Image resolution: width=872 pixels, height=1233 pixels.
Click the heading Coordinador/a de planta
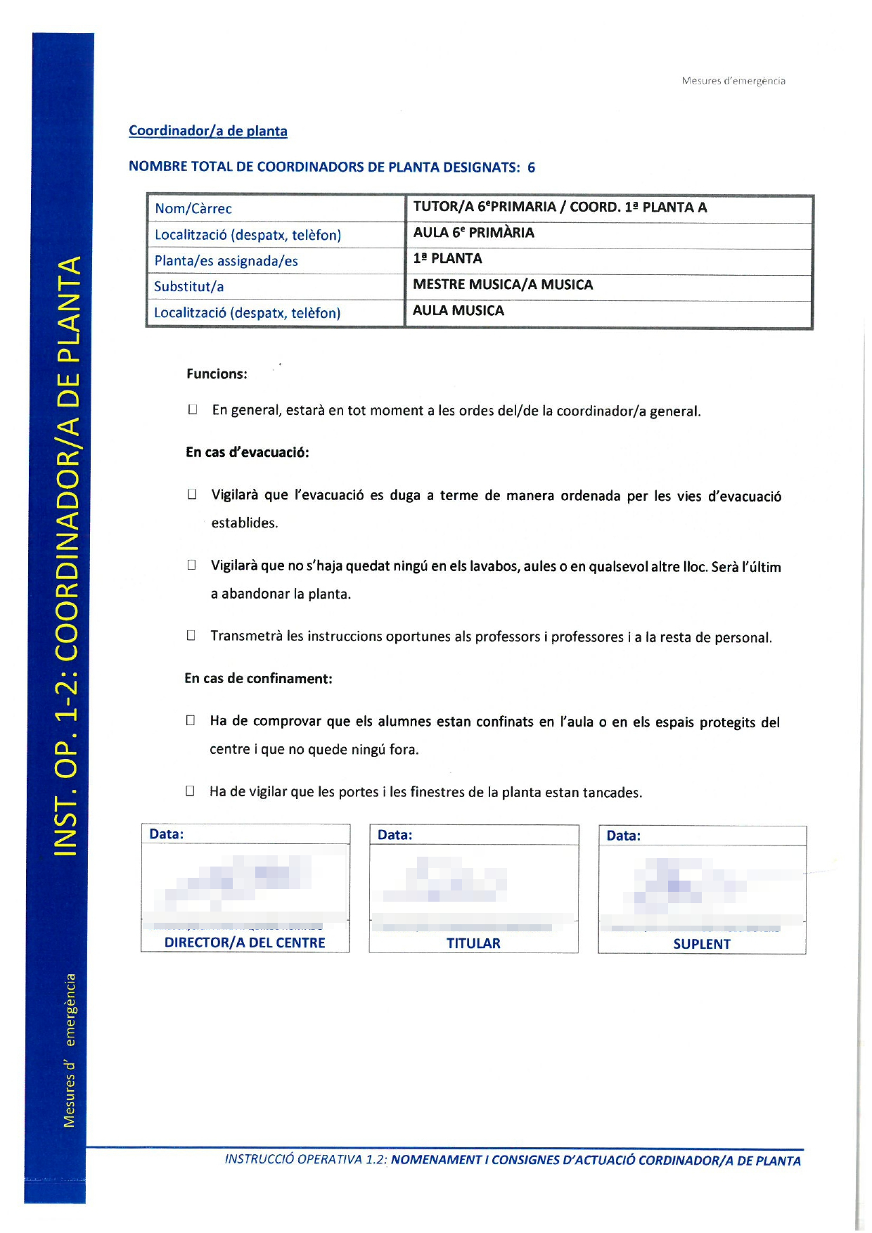coord(207,131)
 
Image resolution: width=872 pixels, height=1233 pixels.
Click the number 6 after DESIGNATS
coord(531,167)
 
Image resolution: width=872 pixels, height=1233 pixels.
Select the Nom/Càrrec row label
coord(193,209)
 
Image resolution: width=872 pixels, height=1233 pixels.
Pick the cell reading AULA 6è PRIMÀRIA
coord(473,233)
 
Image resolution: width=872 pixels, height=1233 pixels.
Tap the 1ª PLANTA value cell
coord(447,259)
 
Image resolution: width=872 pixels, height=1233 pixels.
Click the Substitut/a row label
coord(188,287)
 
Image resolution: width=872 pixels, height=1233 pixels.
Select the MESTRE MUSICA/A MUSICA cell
coord(503,285)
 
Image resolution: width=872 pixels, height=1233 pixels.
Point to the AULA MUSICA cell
coord(459,311)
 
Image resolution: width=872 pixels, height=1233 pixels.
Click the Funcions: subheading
coord(217,374)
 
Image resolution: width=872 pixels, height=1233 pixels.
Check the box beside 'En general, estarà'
coord(192,410)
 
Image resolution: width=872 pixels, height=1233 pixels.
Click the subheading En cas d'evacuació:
coord(248,452)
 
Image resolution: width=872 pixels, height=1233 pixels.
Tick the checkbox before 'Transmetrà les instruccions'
coord(191,636)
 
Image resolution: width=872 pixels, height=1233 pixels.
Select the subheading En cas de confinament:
coord(258,679)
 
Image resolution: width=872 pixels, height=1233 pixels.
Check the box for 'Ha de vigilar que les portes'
coord(190,791)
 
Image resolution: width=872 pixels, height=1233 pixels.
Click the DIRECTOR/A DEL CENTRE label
coord(245,943)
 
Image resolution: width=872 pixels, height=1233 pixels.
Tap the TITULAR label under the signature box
coord(473,944)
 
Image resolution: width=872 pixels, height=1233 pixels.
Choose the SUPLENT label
coord(702,945)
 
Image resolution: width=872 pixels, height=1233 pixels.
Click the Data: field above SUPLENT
coord(624,836)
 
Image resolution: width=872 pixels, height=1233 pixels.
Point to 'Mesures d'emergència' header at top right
coord(733,81)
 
